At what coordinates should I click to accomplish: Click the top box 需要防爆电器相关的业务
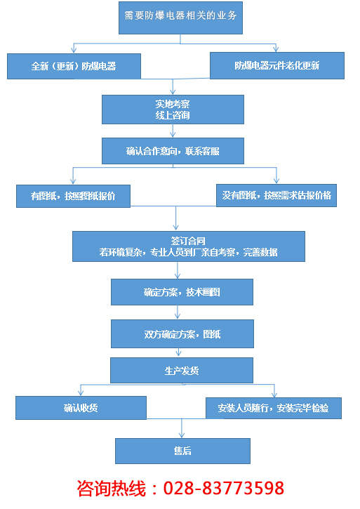coord(181,18)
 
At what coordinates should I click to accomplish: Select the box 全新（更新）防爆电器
coord(74,66)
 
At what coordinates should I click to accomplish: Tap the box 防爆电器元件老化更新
coord(277,65)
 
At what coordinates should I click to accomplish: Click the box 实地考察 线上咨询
coord(173,109)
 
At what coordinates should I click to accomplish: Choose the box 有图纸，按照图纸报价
coord(74,195)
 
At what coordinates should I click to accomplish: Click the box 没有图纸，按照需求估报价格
coord(276,194)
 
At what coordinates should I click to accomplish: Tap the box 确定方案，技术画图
coord(182,291)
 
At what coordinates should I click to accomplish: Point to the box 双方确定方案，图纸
coord(182,333)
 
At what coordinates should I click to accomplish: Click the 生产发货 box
coord(182,369)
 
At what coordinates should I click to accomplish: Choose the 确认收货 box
coord(81,408)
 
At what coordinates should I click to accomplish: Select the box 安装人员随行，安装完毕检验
coord(274,408)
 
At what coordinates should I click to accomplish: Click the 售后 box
coord(182,451)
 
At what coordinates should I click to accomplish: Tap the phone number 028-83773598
coord(224,487)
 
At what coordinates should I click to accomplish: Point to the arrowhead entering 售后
coord(182,435)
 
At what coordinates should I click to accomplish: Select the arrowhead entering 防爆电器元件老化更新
coord(276,49)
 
